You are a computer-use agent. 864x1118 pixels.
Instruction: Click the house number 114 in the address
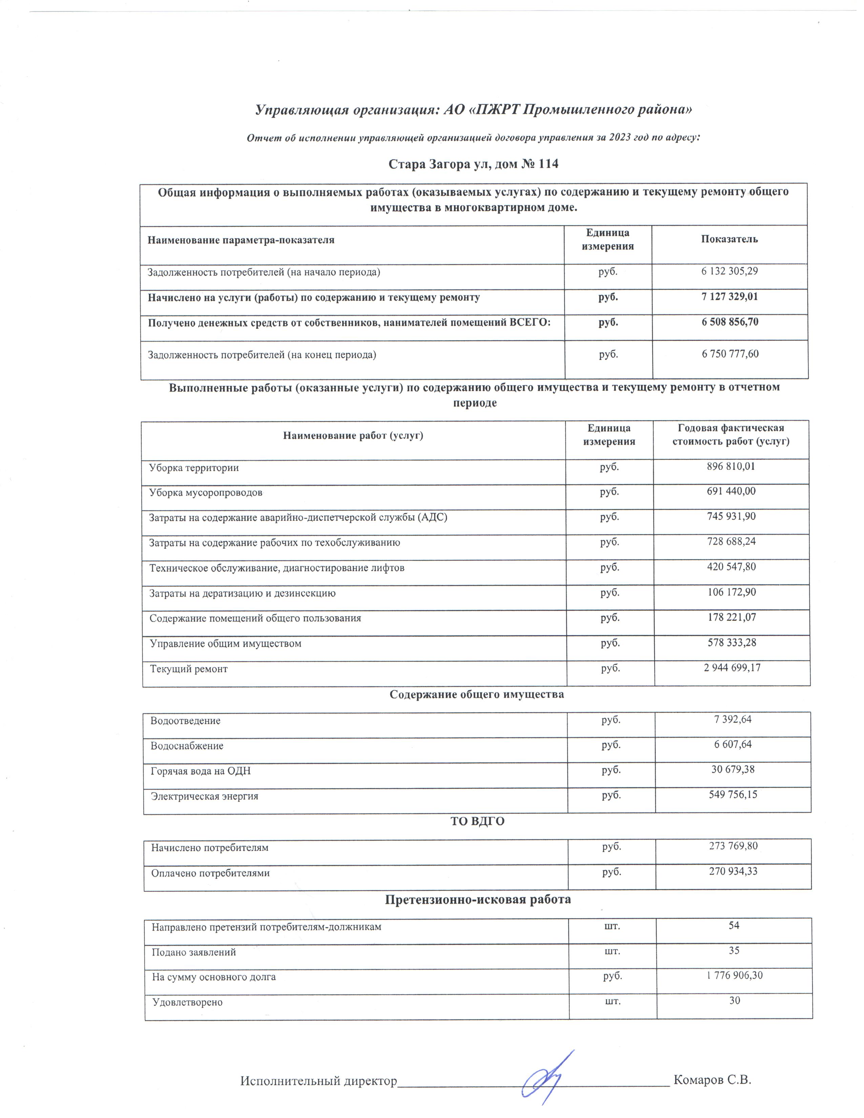click(547, 164)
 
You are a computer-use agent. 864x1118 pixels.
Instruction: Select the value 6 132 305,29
click(729, 271)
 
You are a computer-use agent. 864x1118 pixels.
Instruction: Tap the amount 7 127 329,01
click(729, 297)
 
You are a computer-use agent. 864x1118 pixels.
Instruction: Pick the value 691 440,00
click(731, 492)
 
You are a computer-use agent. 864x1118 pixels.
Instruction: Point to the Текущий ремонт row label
click(188, 669)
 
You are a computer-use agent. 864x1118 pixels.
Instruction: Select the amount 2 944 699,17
click(732, 667)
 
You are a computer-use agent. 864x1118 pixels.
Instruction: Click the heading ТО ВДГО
click(477, 822)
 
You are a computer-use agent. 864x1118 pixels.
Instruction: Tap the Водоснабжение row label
click(187, 746)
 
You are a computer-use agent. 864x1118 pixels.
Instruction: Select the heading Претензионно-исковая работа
click(477, 899)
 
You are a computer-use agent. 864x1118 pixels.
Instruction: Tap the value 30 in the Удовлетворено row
click(735, 1001)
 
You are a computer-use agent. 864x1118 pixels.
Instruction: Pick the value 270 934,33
click(733, 871)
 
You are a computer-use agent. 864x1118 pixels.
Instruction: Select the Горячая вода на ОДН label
click(201, 771)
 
